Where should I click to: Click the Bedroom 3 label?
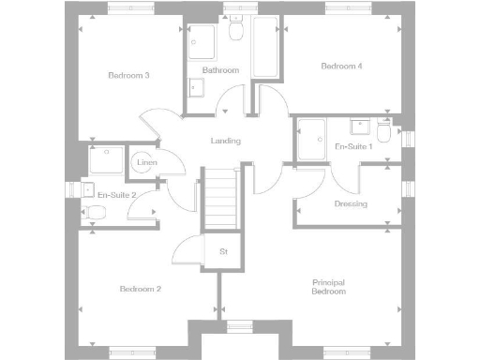(x=128, y=76)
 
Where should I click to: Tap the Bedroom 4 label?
(x=340, y=67)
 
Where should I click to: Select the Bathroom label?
(x=221, y=70)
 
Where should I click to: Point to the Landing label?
(x=226, y=142)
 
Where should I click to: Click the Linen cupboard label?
(x=146, y=163)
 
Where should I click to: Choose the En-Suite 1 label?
(x=354, y=147)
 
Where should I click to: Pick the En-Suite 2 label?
(x=117, y=195)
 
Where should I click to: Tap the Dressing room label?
(x=351, y=204)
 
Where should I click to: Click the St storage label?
(x=223, y=252)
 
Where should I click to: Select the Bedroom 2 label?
(x=141, y=290)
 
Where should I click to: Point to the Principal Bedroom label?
(x=328, y=287)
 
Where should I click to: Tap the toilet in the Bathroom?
(x=237, y=33)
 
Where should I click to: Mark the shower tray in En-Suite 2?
(x=106, y=159)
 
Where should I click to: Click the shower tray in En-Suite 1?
(x=310, y=139)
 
